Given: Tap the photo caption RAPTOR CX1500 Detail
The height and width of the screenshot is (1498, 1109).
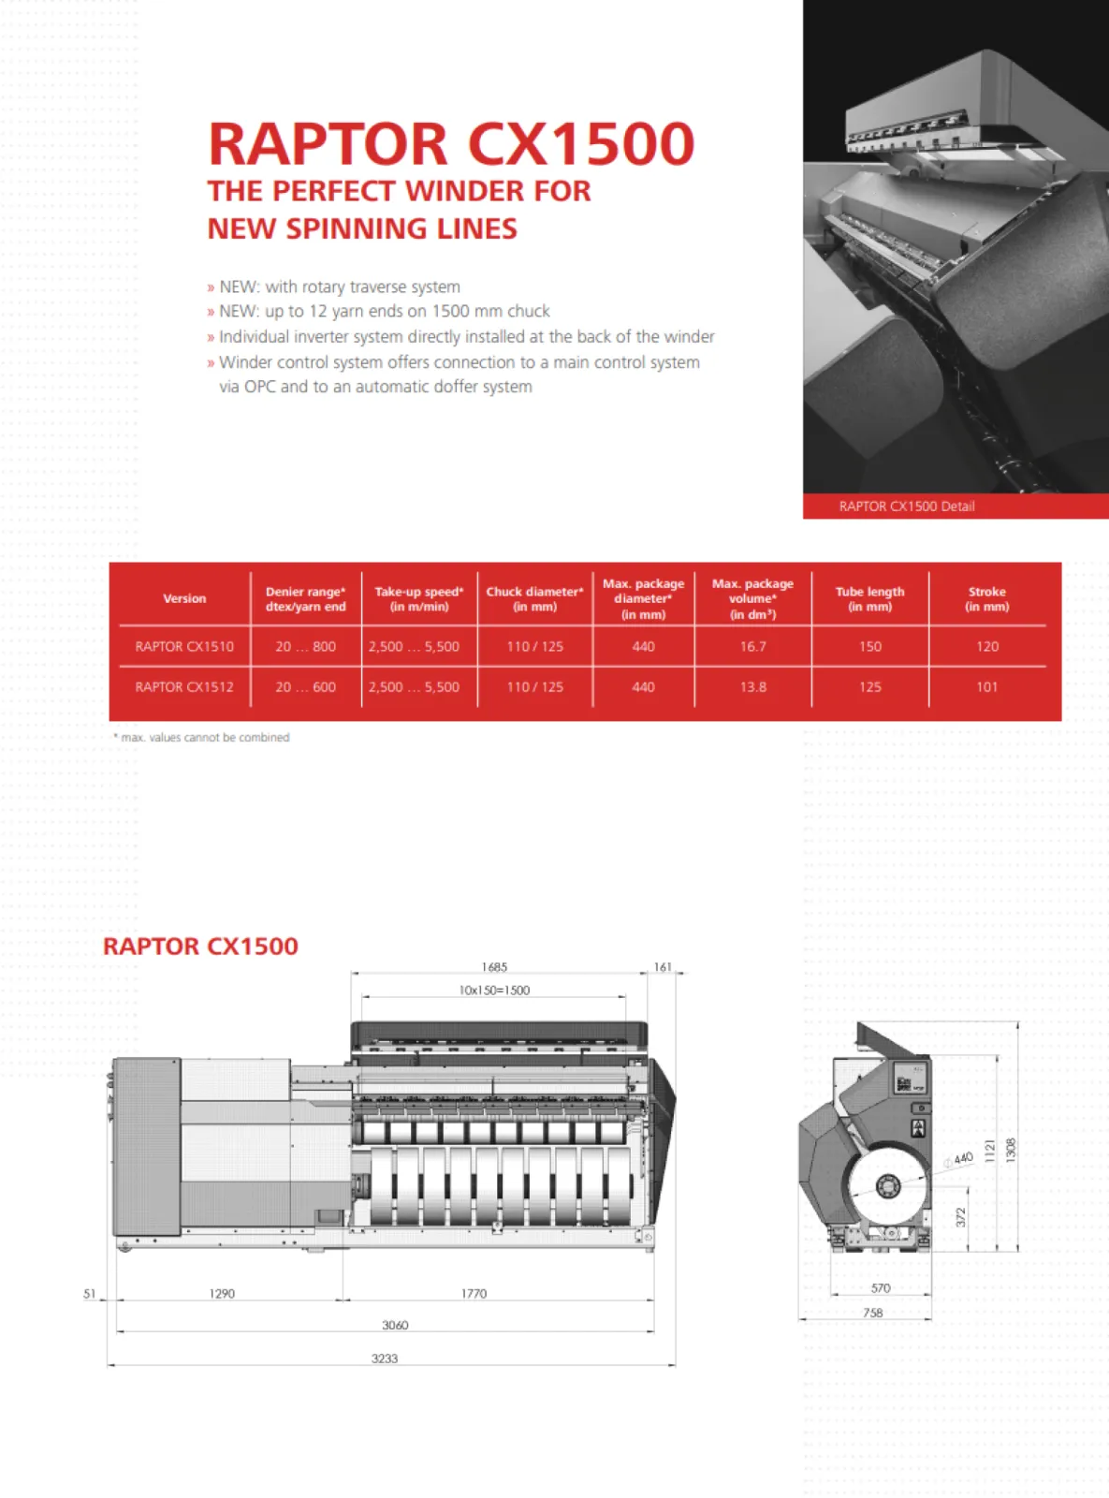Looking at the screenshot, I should [906, 507].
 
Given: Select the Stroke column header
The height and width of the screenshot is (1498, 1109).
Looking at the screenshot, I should [986, 598].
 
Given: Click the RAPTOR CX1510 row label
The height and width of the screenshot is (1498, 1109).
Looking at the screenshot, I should [184, 646].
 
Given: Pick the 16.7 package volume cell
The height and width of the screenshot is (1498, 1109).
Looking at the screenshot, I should [752, 646].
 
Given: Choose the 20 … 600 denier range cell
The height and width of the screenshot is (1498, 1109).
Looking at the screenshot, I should [305, 686].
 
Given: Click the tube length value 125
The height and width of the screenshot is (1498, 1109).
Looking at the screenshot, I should [869, 686].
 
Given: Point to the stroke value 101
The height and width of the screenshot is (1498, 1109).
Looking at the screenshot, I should [986, 686].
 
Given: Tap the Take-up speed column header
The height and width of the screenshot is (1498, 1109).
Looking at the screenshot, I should [418, 598].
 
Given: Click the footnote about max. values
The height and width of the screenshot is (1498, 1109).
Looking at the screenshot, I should [201, 738].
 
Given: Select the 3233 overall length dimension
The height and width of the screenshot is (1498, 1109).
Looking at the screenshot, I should [384, 1358].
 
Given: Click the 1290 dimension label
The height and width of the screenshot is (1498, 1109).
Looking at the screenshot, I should [222, 1293].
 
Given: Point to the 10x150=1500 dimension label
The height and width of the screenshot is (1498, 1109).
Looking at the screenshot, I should [494, 990].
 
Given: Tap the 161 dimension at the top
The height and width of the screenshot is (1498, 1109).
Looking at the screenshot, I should [663, 967].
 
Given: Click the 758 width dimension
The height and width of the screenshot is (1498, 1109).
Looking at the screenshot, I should [872, 1313].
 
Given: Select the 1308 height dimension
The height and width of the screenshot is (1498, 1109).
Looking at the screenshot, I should [1010, 1150].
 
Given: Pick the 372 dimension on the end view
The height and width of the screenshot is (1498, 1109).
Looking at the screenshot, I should [960, 1217].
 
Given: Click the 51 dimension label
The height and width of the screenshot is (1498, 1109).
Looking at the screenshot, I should [90, 1293].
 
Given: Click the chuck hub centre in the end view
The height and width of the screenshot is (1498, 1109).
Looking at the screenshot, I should [884, 1186].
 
